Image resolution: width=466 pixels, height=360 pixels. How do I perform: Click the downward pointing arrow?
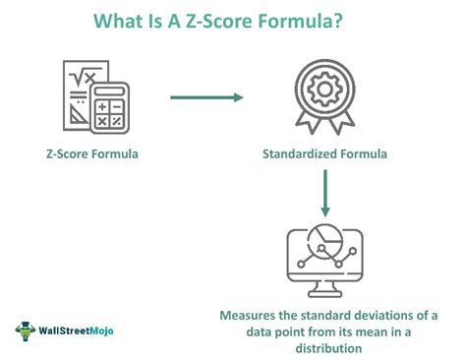pyautogui.click(x=325, y=194)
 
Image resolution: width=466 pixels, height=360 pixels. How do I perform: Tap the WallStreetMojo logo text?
pyautogui.click(x=76, y=330)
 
